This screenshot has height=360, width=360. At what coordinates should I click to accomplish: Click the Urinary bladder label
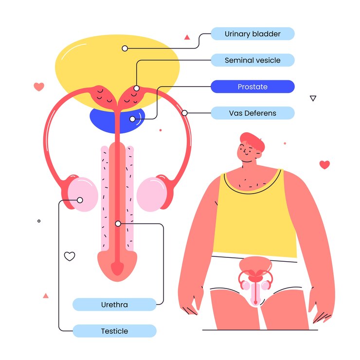(252, 34)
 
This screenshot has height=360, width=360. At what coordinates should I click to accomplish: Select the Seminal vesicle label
(252, 60)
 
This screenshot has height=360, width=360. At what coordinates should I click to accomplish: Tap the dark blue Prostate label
(252, 87)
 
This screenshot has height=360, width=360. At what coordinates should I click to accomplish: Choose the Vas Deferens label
(252, 113)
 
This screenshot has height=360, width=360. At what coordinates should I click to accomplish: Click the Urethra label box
(114, 305)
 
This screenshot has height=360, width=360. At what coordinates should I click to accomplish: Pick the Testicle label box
(114, 331)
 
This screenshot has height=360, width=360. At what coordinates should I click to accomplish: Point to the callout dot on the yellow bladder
(125, 48)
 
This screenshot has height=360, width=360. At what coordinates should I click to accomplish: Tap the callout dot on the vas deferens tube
(184, 113)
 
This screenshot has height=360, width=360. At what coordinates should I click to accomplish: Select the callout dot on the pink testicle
(80, 200)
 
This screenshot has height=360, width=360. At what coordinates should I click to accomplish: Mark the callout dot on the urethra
(118, 224)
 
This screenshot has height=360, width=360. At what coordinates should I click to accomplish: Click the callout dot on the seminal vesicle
(137, 89)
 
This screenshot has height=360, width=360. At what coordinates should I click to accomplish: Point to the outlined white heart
(70, 256)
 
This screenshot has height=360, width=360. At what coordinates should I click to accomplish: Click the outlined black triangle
(313, 98)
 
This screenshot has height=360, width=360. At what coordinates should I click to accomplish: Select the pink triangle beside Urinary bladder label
(187, 36)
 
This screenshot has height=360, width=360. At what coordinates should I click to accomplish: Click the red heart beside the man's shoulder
(324, 164)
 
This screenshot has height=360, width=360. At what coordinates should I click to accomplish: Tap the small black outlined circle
(39, 221)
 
